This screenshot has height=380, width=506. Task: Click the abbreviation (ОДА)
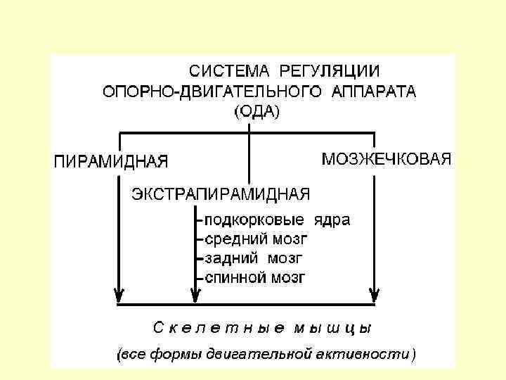[256, 111]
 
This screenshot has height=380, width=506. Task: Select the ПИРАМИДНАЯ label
[111, 160]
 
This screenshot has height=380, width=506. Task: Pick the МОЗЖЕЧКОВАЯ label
[386, 159]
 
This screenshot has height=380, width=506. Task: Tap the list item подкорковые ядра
[277, 220]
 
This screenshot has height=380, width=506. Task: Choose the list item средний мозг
[256, 239]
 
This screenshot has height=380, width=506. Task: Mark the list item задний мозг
[254, 258]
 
